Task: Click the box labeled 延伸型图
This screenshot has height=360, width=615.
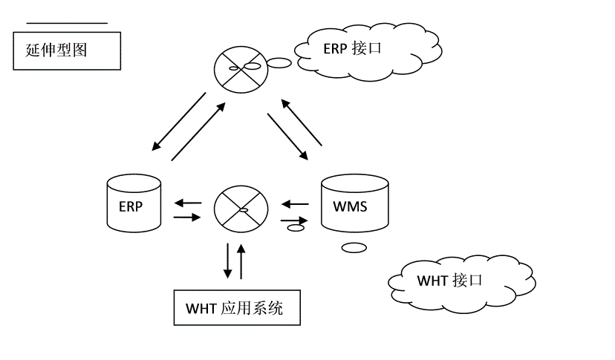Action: click(67, 51)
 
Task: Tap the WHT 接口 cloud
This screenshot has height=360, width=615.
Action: click(461, 281)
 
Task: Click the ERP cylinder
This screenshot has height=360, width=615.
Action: click(134, 203)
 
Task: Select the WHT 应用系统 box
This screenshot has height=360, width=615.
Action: click(238, 307)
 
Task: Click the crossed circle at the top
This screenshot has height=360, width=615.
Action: click(241, 68)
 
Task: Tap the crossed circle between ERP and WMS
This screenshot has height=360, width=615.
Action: click(241, 209)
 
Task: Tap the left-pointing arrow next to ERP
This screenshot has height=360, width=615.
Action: click(187, 202)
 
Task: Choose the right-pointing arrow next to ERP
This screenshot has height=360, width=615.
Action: click(187, 217)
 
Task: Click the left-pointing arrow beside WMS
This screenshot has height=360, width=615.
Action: click(295, 203)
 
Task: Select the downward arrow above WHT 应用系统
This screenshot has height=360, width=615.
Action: click(227, 260)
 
